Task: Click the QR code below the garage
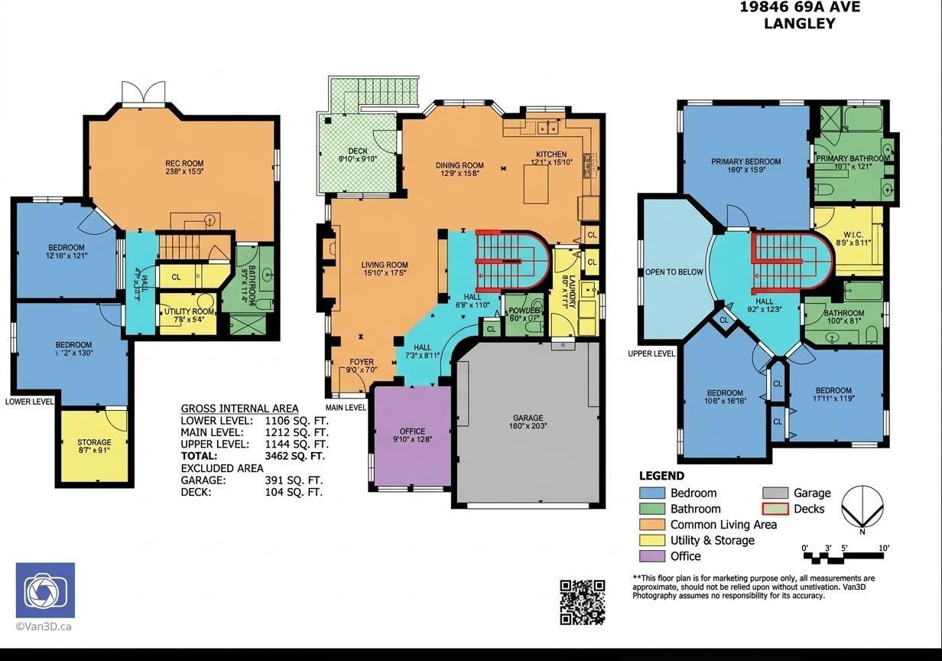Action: pos(583,601)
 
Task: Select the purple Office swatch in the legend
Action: pos(651,556)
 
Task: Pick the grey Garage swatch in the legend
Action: pos(774,493)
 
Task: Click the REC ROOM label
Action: pos(184,164)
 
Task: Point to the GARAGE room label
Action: pos(528,418)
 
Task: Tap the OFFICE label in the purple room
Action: pos(412,431)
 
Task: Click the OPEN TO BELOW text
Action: pos(674,272)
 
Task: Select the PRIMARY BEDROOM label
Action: pos(745,161)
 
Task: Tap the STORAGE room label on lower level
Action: pos(94,442)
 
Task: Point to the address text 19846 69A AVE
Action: pos(799,8)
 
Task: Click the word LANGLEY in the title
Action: pos(799,24)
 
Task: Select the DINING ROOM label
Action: pos(460,165)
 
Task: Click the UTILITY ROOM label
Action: pos(188,311)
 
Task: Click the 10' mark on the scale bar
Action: pos(883,549)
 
